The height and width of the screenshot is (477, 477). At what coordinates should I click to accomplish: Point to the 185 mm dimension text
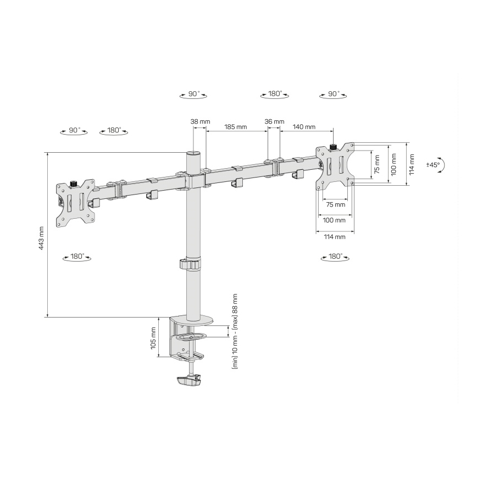(235, 127)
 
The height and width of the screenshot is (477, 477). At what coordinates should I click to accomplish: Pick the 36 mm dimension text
(274, 121)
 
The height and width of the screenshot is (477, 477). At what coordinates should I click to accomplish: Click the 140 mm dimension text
(304, 127)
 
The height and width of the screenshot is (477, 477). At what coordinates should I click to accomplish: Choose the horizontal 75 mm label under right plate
(336, 204)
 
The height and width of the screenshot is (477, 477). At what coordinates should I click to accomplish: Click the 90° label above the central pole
(193, 94)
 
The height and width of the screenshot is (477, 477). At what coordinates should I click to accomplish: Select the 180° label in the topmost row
(275, 94)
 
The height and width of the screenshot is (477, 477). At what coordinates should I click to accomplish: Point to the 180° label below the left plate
(77, 257)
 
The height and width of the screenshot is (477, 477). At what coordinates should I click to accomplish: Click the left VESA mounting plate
(74, 202)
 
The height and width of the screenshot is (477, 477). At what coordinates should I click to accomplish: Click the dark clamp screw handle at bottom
(190, 381)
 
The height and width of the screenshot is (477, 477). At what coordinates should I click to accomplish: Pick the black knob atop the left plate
(73, 182)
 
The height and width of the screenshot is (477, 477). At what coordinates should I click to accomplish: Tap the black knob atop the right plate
(333, 146)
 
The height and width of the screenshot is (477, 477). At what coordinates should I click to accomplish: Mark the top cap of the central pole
(193, 153)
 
